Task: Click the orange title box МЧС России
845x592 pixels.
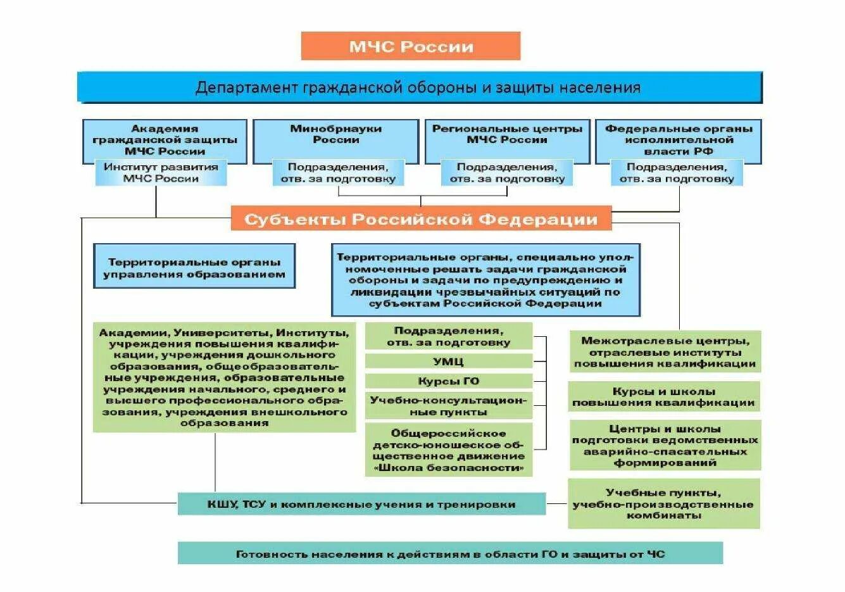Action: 410,46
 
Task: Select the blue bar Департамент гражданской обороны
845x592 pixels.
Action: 419,87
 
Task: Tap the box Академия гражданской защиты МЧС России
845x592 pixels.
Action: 165,140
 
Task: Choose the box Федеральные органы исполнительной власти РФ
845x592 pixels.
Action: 679,140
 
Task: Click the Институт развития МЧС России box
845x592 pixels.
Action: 161,173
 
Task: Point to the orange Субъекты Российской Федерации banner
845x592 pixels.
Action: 421,219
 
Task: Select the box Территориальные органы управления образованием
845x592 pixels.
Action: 194,267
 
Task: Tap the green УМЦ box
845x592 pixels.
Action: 448,362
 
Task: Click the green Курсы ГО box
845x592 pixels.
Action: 448,381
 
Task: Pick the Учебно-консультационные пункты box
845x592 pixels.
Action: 448,406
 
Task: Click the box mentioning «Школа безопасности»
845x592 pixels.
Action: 448,450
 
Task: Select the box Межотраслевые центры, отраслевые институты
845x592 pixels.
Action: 665,352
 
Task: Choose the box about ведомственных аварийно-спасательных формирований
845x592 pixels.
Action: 665,445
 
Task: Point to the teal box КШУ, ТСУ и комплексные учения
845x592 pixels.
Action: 361,504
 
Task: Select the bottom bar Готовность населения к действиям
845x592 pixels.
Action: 450,554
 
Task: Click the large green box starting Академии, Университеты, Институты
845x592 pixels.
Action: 225,377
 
